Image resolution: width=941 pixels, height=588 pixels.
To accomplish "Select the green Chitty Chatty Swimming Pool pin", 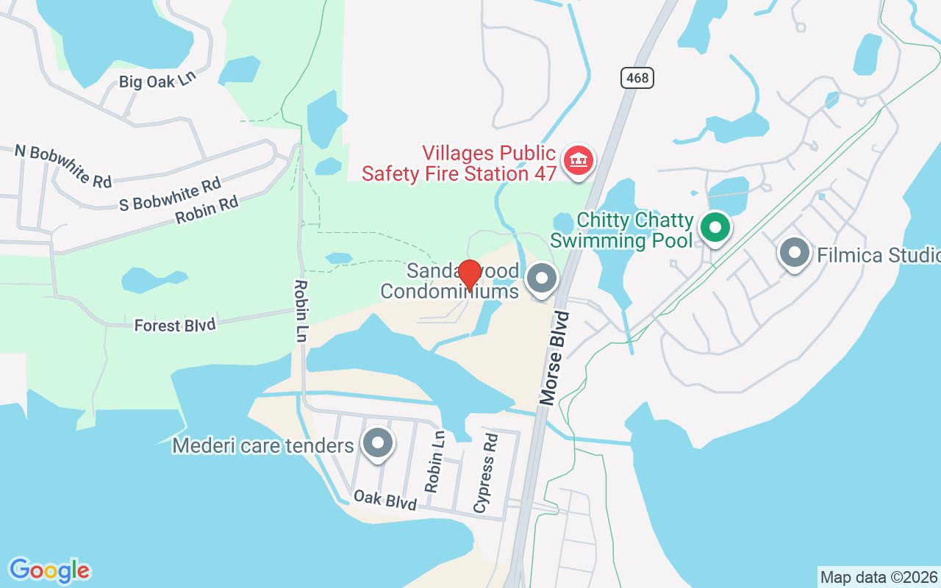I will (715, 228).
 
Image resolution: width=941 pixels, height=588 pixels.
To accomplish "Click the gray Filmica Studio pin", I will (794, 254).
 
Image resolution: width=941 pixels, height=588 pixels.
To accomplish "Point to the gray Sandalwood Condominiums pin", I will (543, 279).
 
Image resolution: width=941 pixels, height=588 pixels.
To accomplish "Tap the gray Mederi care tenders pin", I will (379, 444).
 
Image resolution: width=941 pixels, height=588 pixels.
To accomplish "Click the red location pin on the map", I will (470, 274).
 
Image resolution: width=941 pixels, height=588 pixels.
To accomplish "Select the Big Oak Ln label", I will (158, 81).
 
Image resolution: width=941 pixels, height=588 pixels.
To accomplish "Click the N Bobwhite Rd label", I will (62, 165).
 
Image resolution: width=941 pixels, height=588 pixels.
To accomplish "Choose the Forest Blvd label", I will (175, 324).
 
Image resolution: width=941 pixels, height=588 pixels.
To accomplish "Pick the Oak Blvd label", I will (385, 499).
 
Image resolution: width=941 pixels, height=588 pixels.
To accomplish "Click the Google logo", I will (49, 570).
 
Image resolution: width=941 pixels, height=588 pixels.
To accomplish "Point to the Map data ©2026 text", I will (879, 577).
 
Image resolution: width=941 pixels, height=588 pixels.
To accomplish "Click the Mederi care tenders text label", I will (263, 445).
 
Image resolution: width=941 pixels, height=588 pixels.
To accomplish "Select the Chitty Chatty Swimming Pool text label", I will (622, 230).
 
